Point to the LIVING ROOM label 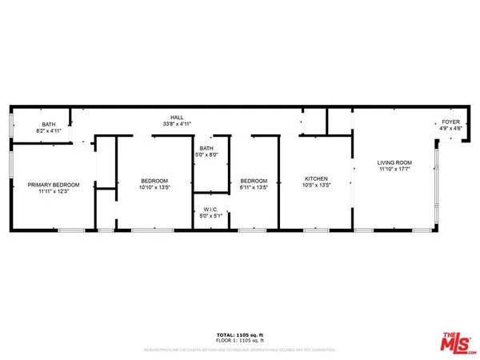coord(394,162)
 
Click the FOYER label coord(450,122)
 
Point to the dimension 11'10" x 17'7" coord(394,170)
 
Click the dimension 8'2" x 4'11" coord(49,132)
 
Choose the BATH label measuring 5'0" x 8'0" coord(206,148)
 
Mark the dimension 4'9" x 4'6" coord(450,128)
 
